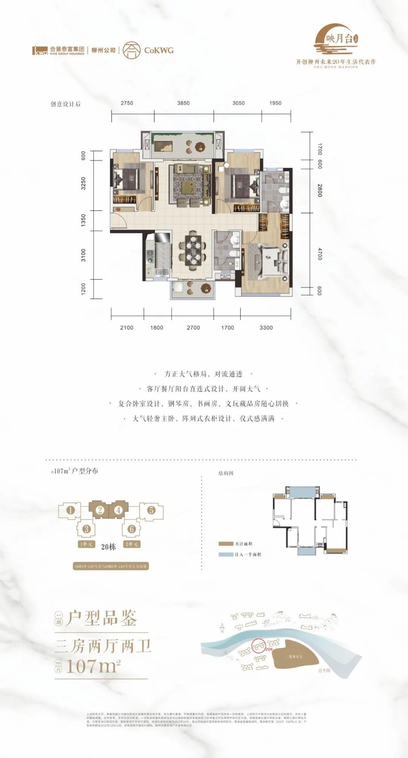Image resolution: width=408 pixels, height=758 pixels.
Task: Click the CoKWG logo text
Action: (159, 50)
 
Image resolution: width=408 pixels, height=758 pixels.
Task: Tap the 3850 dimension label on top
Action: (183, 103)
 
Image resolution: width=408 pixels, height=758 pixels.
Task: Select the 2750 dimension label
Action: (127, 103)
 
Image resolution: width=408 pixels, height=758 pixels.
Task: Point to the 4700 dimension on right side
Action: (320, 254)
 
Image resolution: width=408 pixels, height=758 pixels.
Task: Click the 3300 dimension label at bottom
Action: (266, 328)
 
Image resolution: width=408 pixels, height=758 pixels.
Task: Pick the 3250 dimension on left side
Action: (83, 183)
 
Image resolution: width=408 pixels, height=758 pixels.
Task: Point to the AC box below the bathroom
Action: (225, 277)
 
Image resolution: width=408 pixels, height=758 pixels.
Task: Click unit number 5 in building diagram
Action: (151, 510)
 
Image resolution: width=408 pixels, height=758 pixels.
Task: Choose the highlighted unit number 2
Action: (100, 510)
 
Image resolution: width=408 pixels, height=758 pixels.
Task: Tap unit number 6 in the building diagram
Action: (131, 529)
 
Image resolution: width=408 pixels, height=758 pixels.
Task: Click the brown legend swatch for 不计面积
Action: (226, 544)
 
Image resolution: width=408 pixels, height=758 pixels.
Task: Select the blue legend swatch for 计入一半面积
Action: (226, 555)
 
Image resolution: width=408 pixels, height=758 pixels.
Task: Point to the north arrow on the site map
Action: (222, 628)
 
